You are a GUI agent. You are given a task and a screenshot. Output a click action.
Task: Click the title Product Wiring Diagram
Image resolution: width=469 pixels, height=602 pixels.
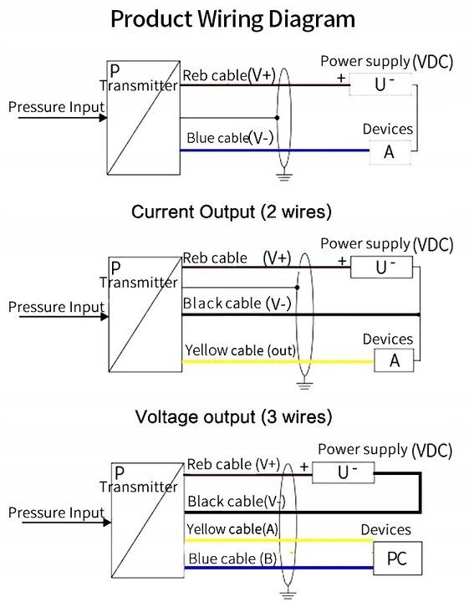coord(232,19)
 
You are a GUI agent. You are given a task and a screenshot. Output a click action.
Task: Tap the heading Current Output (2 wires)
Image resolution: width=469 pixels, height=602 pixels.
coord(232,212)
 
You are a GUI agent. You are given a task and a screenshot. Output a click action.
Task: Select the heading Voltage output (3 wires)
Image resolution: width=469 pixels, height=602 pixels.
coord(233,417)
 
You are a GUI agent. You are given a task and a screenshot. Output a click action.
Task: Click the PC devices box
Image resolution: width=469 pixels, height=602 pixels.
coord(398,559)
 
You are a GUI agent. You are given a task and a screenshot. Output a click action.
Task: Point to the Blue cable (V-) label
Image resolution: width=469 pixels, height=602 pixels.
coord(230,137)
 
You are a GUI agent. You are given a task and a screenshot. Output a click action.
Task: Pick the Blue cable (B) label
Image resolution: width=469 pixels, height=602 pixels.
coord(232,559)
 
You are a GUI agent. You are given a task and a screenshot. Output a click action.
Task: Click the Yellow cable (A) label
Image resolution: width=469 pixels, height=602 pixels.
coord(232,529)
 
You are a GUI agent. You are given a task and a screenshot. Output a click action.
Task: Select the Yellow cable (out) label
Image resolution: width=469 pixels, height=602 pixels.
coord(241,350)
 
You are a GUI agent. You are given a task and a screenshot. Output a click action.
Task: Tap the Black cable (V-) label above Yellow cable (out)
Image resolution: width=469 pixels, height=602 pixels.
coord(237,304)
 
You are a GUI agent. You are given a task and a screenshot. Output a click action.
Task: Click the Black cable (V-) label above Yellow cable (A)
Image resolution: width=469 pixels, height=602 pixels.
coord(237,502)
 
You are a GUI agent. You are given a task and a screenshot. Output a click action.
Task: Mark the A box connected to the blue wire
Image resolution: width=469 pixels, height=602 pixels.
coord(390,152)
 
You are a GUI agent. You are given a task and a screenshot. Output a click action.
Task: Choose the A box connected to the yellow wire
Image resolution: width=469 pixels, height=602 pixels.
coord(394,360)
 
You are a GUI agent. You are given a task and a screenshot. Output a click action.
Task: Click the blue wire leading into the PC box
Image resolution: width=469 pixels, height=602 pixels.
coord(279,568)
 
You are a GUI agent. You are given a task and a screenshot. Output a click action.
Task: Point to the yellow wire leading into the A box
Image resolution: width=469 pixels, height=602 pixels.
coord(278,361)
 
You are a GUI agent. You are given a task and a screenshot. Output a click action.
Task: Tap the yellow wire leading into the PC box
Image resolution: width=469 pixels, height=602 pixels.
coord(279,540)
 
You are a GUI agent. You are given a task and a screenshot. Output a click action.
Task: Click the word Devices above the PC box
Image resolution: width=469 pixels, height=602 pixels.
coord(385,530)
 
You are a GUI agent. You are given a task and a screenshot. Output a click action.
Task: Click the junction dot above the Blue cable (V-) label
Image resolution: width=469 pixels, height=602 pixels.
coord(277,118)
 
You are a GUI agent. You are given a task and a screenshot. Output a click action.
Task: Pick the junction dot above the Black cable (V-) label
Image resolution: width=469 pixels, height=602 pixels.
coord(297,287)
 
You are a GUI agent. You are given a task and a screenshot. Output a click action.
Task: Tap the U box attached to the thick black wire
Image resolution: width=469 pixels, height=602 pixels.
coord(343,472)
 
